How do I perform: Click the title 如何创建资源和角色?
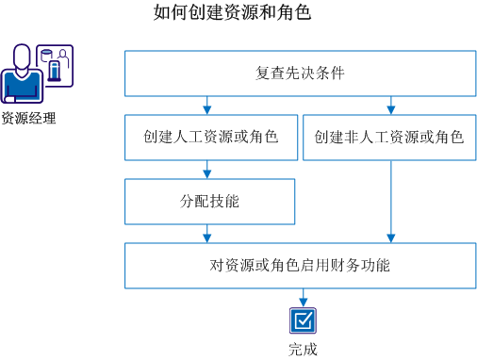pyautogui.click(x=231, y=14)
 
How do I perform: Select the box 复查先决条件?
pyautogui.click(x=299, y=74)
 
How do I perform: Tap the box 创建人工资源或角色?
pyautogui.click(x=209, y=138)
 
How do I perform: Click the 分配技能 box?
pyautogui.click(x=209, y=202)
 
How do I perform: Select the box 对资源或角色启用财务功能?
pyautogui.click(x=299, y=265)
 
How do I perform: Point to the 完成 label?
pyautogui.click(x=303, y=349)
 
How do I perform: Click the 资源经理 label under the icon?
pyautogui.click(x=28, y=119)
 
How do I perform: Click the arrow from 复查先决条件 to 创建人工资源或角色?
pyautogui.click(x=207, y=106)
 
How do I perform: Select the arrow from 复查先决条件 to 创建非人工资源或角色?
pyautogui.click(x=391, y=106)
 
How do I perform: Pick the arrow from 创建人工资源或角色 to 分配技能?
pyautogui.click(x=207, y=170)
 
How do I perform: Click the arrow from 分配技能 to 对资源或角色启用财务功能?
pyautogui.click(x=207, y=234)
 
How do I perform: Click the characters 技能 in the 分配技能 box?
pyautogui.click(x=223, y=202)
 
